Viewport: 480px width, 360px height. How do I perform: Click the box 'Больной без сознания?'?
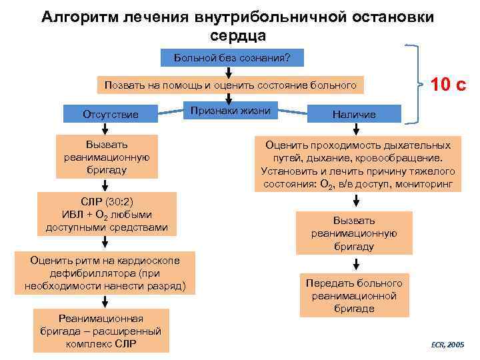click(x=232, y=57)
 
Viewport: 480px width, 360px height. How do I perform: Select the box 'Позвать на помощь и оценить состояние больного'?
click(x=231, y=85)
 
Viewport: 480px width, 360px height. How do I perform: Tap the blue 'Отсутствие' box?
click(x=111, y=114)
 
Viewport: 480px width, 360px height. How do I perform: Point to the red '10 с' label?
click(x=448, y=85)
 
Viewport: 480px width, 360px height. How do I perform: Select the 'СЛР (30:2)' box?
click(x=107, y=214)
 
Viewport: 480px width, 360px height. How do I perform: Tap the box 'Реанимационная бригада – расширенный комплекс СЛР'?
click(x=101, y=331)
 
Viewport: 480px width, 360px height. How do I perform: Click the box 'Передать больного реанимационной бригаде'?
click(x=354, y=295)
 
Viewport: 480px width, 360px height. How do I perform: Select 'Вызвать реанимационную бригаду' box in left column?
click(x=107, y=157)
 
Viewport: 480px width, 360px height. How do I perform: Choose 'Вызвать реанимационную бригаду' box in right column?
click(x=354, y=233)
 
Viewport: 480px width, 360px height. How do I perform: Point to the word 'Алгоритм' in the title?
click(x=81, y=15)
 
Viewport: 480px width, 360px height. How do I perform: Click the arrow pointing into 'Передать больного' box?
click(x=355, y=263)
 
